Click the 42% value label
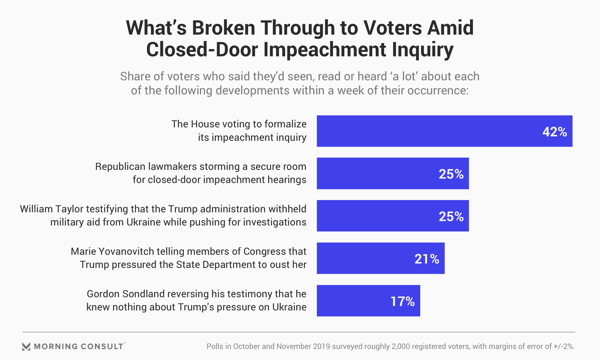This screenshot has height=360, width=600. point(555,132)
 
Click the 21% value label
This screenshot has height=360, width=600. point(427,259)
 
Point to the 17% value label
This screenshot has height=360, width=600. point(402,302)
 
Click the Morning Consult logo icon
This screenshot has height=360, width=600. point(26,347)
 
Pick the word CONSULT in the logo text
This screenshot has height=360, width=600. point(102,347)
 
